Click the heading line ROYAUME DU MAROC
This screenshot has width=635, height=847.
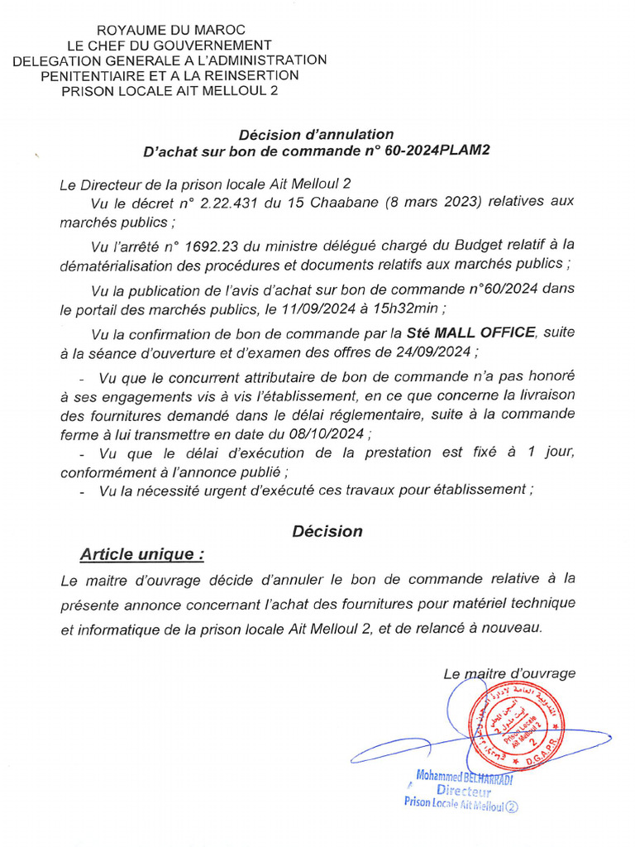(170, 31)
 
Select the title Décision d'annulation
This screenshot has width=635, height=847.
(316, 134)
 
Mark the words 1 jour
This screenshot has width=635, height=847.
(553, 452)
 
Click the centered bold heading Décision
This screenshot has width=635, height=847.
(327, 531)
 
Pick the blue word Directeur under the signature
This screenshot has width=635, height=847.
(463, 791)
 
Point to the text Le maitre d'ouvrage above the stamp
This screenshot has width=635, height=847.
(509, 673)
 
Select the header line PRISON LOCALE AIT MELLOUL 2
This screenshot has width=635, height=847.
(170, 90)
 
